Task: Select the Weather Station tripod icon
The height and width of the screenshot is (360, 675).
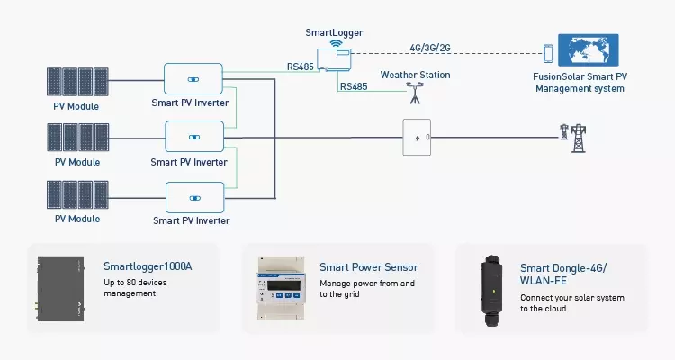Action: [x=415, y=91]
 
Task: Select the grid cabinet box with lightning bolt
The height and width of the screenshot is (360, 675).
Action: [x=417, y=138]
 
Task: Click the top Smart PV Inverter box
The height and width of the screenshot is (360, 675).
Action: [x=193, y=79]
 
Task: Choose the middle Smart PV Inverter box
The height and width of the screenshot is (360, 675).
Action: [x=193, y=137]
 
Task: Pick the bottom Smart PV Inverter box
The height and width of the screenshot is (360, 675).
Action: [x=193, y=196]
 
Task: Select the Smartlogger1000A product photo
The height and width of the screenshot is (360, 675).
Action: [x=64, y=288]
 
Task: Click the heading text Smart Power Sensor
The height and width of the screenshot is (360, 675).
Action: [x=368, y=267]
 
